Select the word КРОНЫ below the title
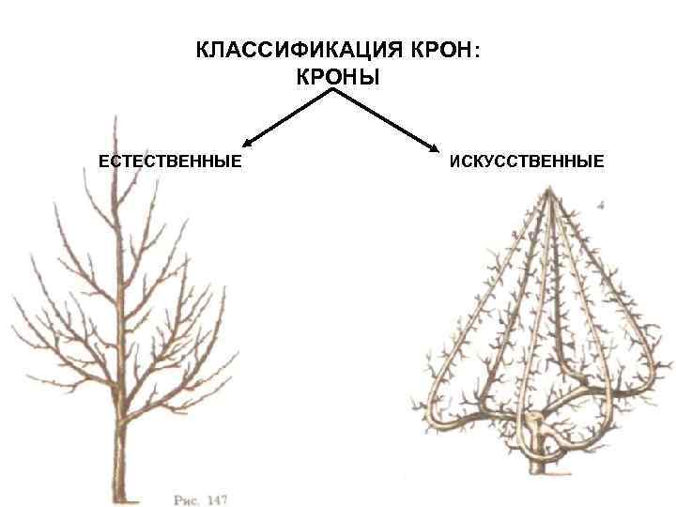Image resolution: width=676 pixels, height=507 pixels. tap(338, 78)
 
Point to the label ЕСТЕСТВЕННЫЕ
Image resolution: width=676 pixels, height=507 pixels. tap(170, 161)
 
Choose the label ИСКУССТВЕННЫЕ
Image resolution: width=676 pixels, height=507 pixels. tap(527, 161)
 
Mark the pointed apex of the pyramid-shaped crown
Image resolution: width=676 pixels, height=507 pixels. tap(549, 191)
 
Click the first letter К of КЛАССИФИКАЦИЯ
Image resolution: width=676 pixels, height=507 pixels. tap(202, 50)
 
